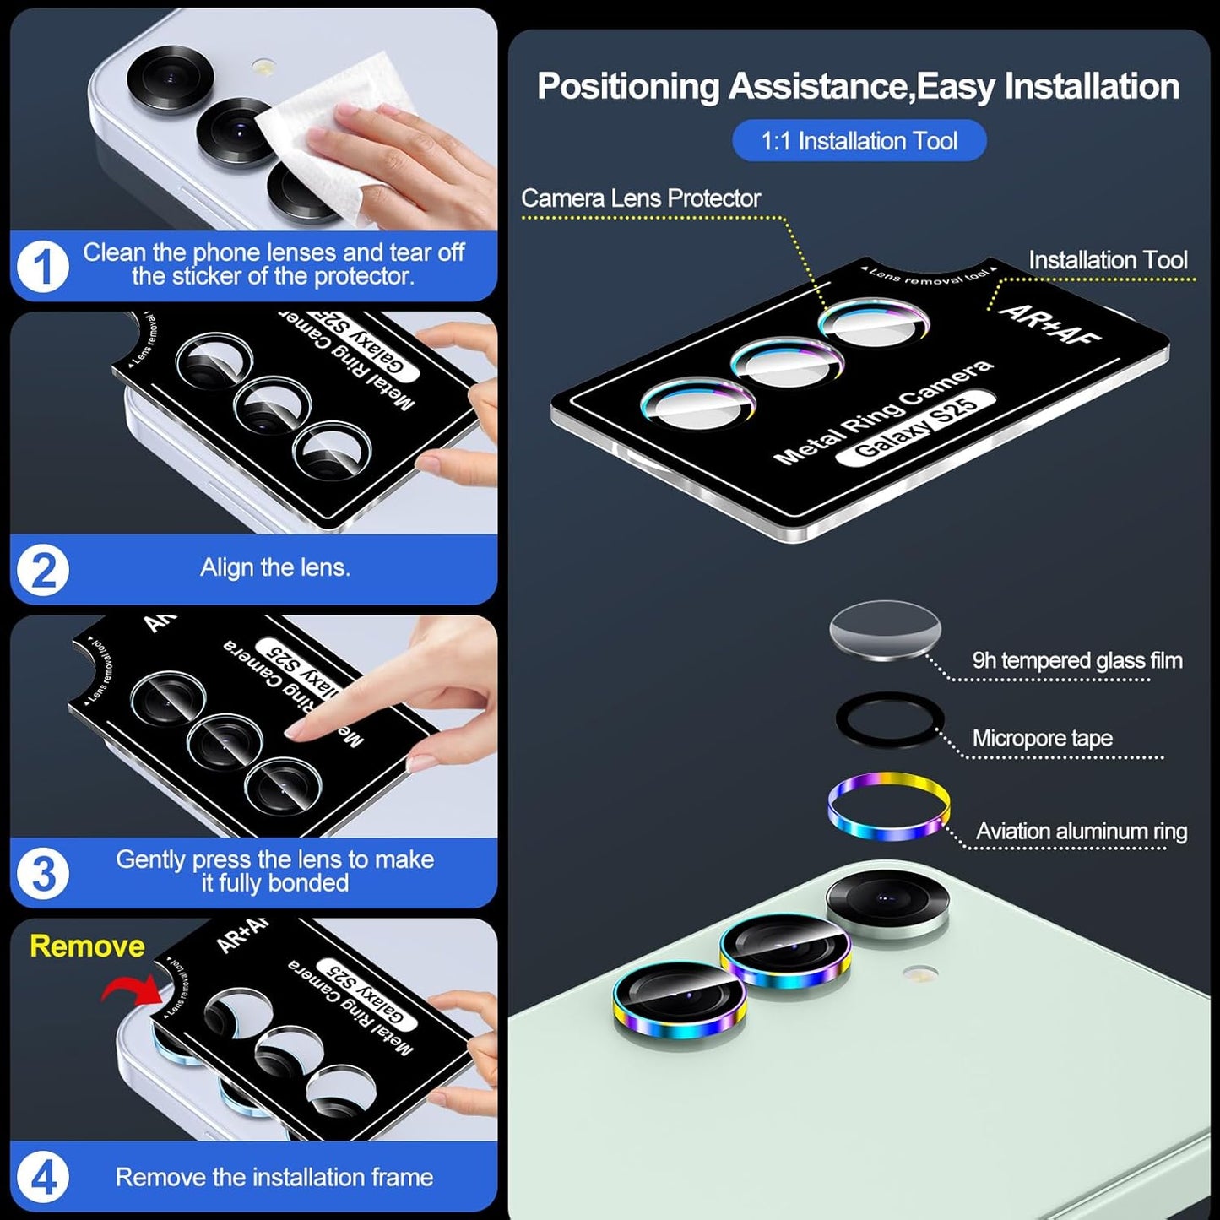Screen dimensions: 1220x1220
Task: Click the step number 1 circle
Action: point(42,267)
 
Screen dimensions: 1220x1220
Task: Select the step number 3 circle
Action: point(42,873)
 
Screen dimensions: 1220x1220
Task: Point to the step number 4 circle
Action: point(42,1177)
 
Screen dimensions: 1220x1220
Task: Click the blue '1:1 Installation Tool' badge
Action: point(859,141)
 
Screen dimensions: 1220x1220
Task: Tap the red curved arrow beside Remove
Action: point(131,988)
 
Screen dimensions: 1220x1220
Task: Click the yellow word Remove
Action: point(87,946)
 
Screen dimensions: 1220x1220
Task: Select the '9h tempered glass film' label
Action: point(1076,660)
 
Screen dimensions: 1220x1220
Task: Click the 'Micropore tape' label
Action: point(1042,738)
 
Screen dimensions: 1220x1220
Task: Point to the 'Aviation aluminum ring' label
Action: point(1081,832)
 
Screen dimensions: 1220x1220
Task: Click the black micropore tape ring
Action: point(888,720)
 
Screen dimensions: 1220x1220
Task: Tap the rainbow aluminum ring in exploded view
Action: point(888,806)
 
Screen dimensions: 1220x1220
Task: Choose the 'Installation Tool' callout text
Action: point(1107,260)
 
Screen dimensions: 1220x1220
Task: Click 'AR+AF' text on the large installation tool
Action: point(1049,324)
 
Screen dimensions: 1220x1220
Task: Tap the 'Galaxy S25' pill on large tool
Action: point(916,427)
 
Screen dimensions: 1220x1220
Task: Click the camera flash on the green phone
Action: point(919,973)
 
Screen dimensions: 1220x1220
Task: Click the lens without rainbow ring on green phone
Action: point(887,901)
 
